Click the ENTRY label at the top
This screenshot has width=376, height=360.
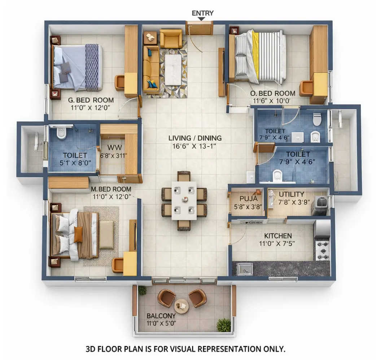click(202, 13)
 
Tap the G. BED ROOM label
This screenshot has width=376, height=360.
click(91, 100)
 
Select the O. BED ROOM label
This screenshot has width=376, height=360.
click(273, 94)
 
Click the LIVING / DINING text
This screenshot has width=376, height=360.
click(195, 138)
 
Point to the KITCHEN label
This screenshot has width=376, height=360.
click(278, 236)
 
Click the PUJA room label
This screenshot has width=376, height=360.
click(248, 199)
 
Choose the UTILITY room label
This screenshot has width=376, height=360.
click(292, 195)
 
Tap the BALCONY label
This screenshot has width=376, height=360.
click(161, 316)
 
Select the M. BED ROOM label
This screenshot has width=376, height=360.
click(111, 189)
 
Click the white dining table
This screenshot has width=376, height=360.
click(184, 200)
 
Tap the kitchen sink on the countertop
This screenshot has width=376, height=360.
click(245, 269)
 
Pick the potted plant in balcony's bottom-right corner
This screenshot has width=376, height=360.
click(224, 325)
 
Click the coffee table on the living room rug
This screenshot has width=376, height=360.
click(173, 70)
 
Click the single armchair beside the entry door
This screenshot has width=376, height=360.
click(171, 39)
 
